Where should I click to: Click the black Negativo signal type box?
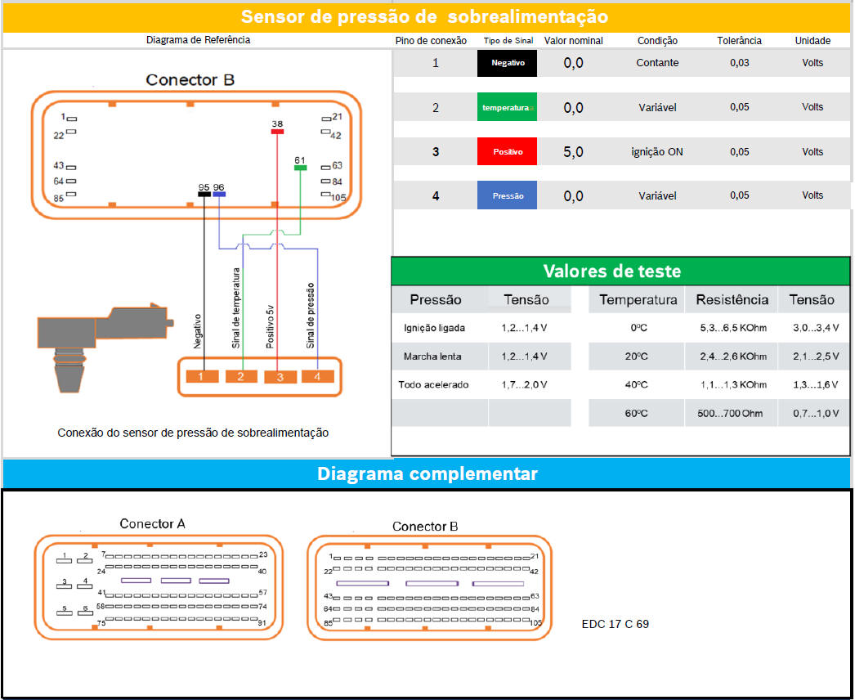tap(507, 63)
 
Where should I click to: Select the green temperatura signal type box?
tap(507, 107)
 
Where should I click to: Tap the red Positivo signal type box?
tap(507, 151)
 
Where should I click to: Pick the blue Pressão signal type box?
tap(507, 195)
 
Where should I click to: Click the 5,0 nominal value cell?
tap(573, 151)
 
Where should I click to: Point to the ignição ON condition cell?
tap(657, 151)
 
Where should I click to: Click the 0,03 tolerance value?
tap(740, 63)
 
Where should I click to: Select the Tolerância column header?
tap(740, 40)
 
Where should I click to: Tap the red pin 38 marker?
tap(278, 132)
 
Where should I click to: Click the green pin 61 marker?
tap(301, 168)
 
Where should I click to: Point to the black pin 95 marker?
tap(204, 194)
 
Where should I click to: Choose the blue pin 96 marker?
tap(219, 194)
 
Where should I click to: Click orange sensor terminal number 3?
tap(280, 376)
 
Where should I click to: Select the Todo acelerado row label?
tap(433, 384)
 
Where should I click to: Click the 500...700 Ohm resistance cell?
tap(730, 413)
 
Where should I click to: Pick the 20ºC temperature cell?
tap(636, 357)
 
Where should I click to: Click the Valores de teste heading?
tap(611, 271)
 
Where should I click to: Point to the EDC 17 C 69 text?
tap(615, 624)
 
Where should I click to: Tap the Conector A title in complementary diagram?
tap(153, 523)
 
